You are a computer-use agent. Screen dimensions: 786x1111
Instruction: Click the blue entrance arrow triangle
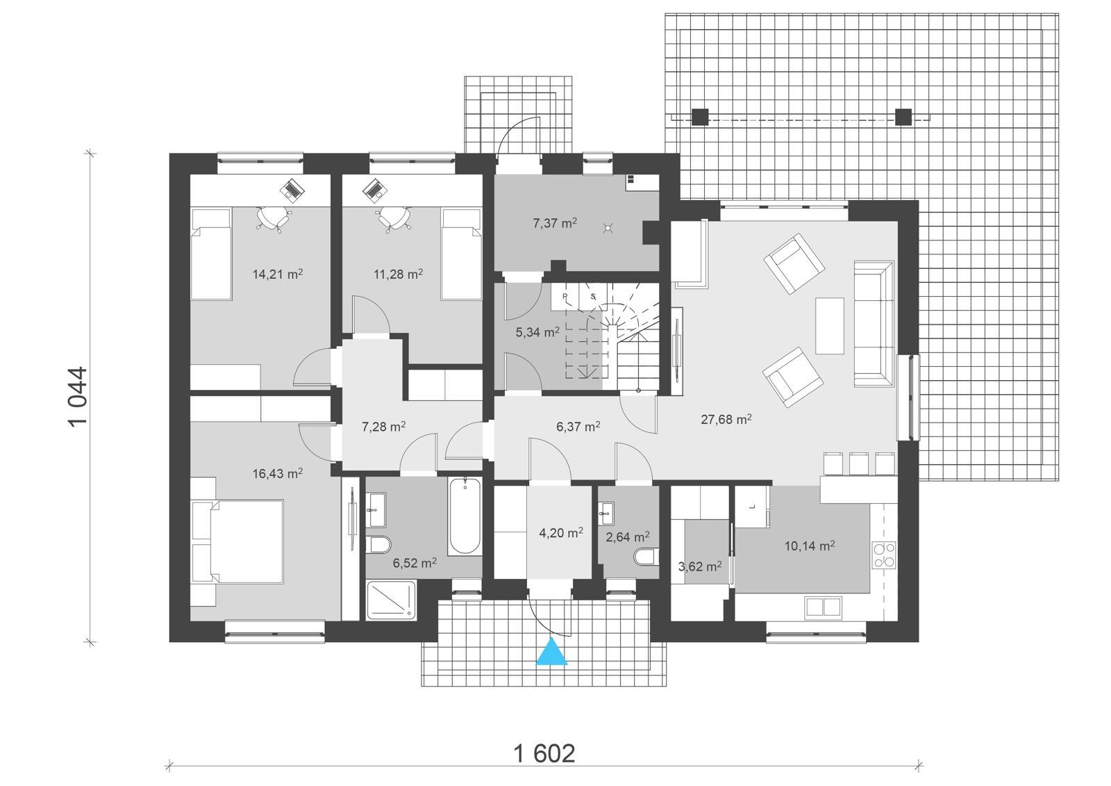[x=552, y=653]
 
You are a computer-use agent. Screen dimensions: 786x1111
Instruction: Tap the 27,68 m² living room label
[x=726, y=419]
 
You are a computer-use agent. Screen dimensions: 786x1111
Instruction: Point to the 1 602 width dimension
[x=544, y=753]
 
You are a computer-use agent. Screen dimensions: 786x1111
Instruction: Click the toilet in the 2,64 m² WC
[x=645, y=557]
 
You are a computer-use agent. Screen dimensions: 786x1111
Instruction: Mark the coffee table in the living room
[x=830, y=325]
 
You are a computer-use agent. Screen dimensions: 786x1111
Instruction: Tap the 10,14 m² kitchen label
[x=809, y=546]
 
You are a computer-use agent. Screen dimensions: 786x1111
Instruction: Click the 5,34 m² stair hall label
[x=537, y=332]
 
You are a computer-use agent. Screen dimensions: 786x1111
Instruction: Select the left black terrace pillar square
[x=700, y=117]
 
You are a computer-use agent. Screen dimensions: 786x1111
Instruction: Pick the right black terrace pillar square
[x=903, y=117]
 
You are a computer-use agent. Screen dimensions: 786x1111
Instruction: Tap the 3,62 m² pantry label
[x=699, y=566]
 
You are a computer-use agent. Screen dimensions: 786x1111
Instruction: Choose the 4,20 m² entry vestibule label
[x=560, y=533]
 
